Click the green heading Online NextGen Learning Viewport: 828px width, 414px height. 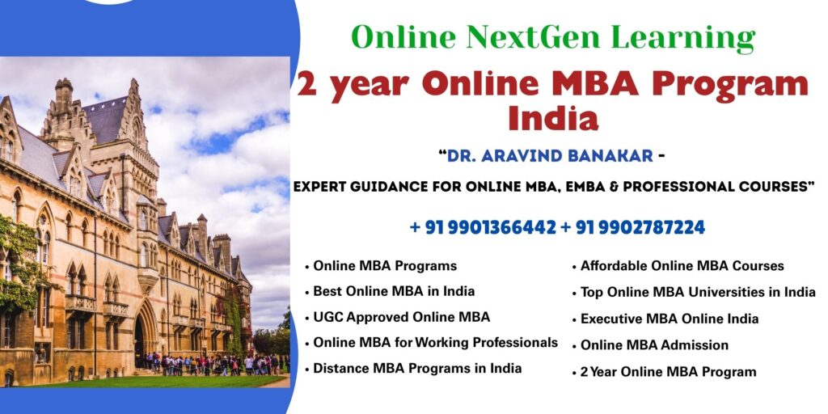click(553, 38)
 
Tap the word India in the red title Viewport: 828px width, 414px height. click(553, 118)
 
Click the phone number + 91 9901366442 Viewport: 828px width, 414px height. click(483, 228)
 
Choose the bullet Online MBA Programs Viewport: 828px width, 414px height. click(384, 265)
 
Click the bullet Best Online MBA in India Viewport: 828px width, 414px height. click(393, 291)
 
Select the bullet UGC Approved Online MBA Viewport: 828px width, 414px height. click(401, 317)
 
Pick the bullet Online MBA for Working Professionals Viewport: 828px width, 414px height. click(435, 343)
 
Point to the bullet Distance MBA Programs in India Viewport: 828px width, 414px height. click(416, 369)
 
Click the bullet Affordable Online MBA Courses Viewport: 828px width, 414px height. click(682, 266)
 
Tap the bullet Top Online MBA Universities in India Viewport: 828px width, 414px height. click(697, 293)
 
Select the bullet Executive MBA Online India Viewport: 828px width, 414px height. click(669, 319)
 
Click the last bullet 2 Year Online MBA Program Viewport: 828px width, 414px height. click(668, 372)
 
